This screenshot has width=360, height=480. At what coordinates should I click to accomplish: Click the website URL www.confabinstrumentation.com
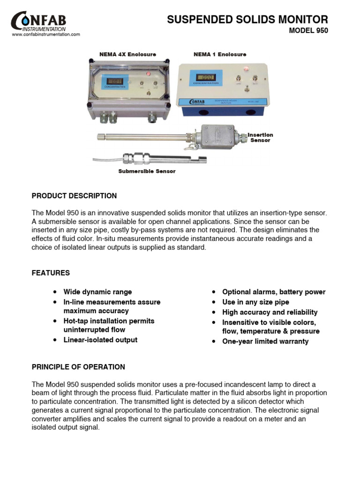[x=46, y=35]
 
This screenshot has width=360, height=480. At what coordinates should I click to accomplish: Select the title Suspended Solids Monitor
[x=247, y=20]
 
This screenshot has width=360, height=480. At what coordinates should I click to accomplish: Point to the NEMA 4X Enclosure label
[x=127, y=55]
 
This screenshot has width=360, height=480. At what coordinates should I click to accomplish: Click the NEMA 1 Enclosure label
[x=220, y=55]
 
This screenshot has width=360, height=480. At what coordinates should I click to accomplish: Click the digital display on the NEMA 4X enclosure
[x=114, y=81]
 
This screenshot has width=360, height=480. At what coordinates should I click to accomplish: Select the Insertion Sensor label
[x=260, y=137]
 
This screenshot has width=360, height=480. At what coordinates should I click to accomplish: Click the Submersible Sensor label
[x=147, y=172]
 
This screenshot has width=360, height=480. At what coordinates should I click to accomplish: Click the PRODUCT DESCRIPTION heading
[x=74, y=196]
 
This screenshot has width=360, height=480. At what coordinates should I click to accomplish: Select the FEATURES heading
[x=51, y=273]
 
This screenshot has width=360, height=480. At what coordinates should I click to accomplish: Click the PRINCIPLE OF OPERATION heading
[x=78, y=367]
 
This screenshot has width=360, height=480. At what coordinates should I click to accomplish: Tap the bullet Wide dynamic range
[x=97, y=292]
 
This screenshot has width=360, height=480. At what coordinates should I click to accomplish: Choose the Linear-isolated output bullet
[x=100, y=340]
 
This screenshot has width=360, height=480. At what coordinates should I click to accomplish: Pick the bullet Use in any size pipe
[x=255, y=302]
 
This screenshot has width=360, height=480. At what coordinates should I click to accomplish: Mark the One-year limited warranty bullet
[x=265, y=341]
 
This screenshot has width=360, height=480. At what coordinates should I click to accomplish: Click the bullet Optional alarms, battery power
[x=274, y=292]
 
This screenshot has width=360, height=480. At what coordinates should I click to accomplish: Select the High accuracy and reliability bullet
[x=270, y=312]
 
